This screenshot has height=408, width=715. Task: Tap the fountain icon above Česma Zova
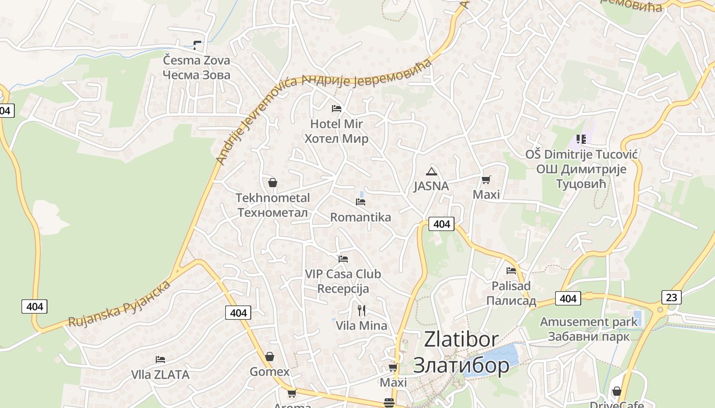(x=197, y=45)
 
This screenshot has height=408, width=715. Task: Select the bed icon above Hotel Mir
(x=337, y=108)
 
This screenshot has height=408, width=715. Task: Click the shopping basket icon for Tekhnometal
(x=273, y=182)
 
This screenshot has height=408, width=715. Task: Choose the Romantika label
(x=361, y=217)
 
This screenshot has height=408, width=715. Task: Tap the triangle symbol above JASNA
(x=432, y=171)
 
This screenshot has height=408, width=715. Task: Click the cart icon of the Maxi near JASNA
(x=486, y=180)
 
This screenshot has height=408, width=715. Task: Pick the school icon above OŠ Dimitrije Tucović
(x=581, y=139)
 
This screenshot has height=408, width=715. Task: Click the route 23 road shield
(x=671, y=297)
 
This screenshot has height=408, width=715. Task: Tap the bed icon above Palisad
(x=511, y=270)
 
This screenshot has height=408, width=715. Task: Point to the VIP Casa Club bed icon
(x=343, y=259)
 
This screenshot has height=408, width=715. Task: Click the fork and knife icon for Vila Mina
(x=362, y=310)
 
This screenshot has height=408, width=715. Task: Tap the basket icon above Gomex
(x=269, y=356)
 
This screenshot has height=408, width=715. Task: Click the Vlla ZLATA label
(x=160, y=375)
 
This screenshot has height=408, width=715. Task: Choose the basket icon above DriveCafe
(x=617, y=391)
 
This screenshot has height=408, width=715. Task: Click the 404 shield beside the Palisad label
(x=568, y=298)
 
